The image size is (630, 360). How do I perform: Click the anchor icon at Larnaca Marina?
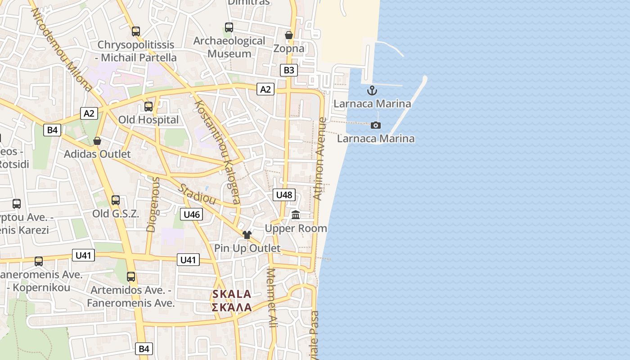click(x=372, y=90)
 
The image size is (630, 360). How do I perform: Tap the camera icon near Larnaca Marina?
click(x=376, y=125)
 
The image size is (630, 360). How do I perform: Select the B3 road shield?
click(x=288, y=70)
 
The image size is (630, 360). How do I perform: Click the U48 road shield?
click(x=284, y=195)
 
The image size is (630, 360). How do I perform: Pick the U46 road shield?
click(x=191, y=214)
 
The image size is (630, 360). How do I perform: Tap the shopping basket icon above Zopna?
click(x=289, y=35)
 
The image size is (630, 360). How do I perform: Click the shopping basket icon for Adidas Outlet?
click(x=97, y=141)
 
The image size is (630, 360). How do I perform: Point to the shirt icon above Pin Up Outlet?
click(x=247, y=234)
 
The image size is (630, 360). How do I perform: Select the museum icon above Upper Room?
click(x=296, y=215)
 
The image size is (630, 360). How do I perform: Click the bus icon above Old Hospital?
click(x=148, y=107)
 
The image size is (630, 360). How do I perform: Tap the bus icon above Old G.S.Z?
click(x=116, y=200)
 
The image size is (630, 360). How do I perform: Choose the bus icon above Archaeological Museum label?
click(x=229, y=27)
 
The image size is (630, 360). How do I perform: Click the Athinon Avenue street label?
click(x=319, y=158)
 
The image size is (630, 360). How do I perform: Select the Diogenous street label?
click(x=153, y=204)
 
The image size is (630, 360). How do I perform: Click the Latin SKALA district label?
click(x=231, y=294)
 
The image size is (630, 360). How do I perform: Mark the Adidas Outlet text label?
click(x=97, y=154)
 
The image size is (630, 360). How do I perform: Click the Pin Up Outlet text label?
click(x=247, y=248)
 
